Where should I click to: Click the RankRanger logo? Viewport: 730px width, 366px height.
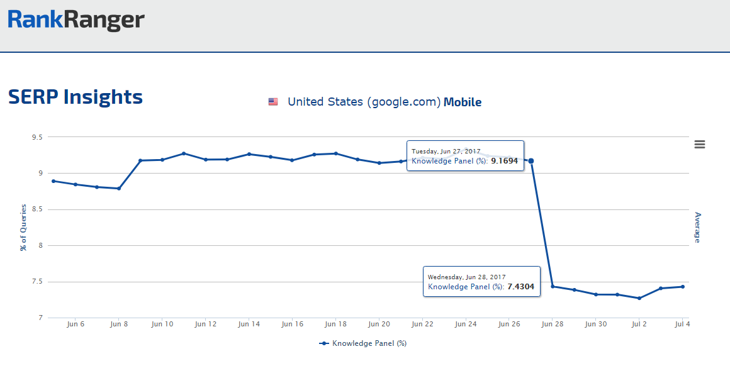(76, 21)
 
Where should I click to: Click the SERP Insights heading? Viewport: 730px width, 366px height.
(76, 97)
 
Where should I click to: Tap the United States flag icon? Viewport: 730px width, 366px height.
(273, 102)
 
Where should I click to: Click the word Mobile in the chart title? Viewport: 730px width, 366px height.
(463, 102)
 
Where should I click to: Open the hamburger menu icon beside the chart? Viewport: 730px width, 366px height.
(699, 144)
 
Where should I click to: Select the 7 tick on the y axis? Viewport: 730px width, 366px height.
(38, 318)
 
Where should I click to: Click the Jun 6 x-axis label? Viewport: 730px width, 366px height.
(76, 324)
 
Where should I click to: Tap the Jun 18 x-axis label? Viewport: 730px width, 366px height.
(335, 324)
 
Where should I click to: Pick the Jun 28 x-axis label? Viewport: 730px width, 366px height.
(553, 324)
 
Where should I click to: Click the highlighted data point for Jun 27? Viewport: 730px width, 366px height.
(531, 161)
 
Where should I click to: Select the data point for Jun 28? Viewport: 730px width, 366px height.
(553, 286)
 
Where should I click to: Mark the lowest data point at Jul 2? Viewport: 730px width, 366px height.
(639, 298)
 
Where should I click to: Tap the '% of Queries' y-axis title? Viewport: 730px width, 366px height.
(23, 227)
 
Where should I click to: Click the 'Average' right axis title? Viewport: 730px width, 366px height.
(697, 227)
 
